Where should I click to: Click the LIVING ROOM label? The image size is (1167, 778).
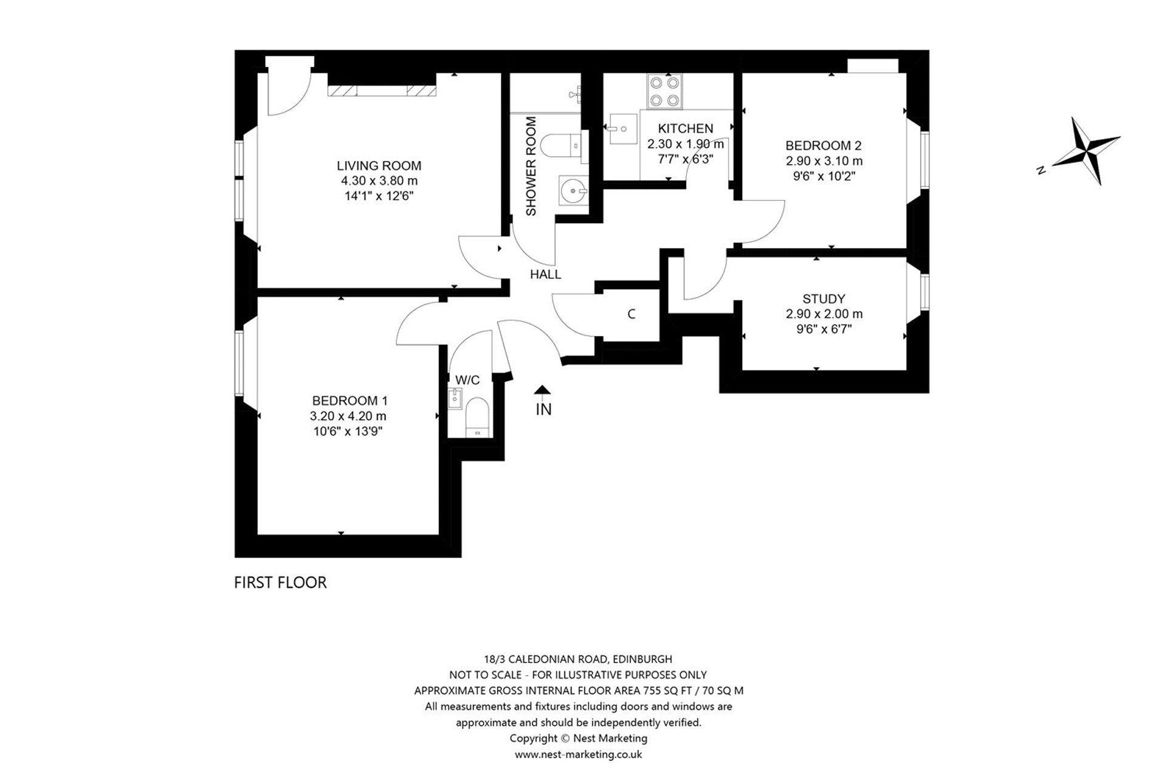click(x=379, y=165)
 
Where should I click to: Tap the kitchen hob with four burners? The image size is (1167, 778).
click(x=664, y=91)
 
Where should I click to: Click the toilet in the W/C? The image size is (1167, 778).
click(x=477, y=417)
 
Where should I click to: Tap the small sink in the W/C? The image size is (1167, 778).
click(x=455, y=399)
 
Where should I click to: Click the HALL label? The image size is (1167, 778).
click(x=545, y=275)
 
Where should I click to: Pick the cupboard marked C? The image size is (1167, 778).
click(x=631, y=314)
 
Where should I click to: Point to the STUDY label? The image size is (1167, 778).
click(x=824, y=299)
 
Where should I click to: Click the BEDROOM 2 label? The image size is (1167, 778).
click(x=824, y=146)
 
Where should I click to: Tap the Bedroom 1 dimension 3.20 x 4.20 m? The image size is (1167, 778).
click(x=348, y=416)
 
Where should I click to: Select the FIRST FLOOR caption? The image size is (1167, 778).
click(x=280, y=582)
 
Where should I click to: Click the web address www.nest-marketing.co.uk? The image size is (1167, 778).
click(x=578, y=754)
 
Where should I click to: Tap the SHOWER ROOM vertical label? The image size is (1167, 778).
click(x=531, y=166)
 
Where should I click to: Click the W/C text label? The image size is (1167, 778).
click(x=467, y=380)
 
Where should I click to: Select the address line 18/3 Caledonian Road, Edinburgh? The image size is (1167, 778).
click(x=578, y=659)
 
